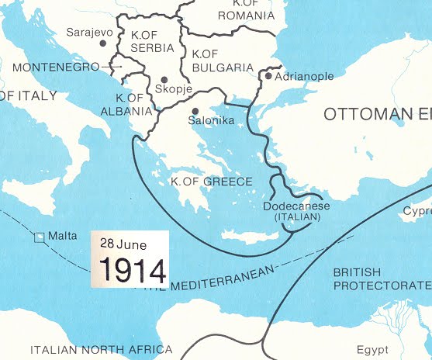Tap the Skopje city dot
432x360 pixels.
tap(164, 79)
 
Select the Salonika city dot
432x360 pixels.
tap(195, 111)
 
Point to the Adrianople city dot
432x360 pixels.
tap(268, 76)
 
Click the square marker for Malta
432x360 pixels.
tap(39, 237)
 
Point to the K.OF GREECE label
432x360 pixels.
tap(212, 182)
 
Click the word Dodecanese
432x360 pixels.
tap(296, 206)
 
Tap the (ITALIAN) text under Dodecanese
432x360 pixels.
tap(296, 217)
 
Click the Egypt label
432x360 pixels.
tap(372, 349)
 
